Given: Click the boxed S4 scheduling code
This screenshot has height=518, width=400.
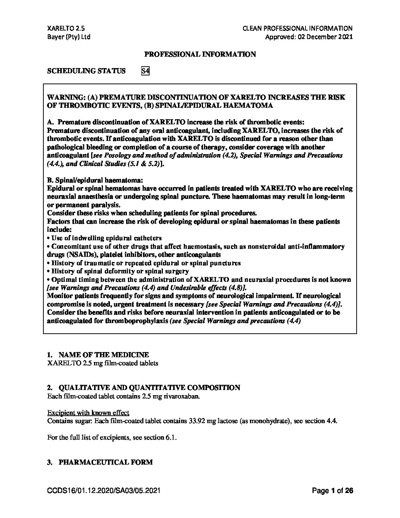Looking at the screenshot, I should pos(145,71).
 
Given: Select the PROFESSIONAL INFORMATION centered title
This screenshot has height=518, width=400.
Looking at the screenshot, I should pos(200,54).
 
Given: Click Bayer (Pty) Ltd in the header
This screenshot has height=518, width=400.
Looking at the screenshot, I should pos(69,37).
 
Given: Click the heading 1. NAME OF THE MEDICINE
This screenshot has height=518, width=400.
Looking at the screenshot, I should pos(98,355).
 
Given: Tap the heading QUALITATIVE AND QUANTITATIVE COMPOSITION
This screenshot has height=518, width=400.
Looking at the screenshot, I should pos(149,388).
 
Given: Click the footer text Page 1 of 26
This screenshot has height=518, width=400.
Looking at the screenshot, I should pos(332,491).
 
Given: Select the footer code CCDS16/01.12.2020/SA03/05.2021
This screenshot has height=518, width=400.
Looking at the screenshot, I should pos(104,491).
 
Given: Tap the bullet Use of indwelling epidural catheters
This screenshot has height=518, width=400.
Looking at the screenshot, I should pos(106,238).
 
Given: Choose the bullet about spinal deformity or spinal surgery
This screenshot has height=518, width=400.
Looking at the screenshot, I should pos(120,272).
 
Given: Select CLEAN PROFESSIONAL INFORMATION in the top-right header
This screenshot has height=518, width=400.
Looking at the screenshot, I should pos(297,28).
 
